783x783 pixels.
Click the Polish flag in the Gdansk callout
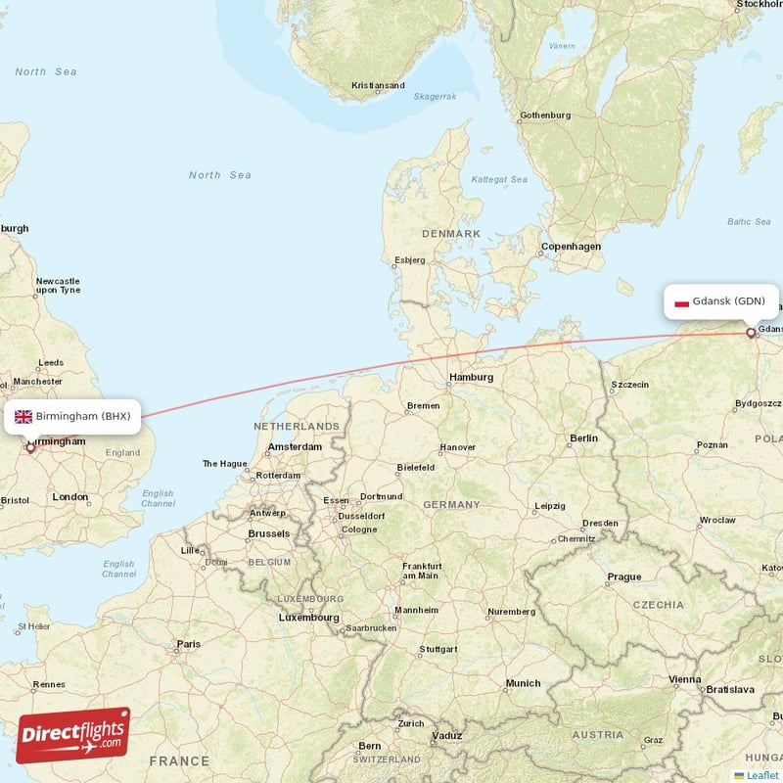tap(682, 302)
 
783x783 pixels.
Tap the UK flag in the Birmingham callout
tap(23, 416)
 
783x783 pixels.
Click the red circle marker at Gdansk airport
tap(751, 333)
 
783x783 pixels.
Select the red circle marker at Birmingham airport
tap(30, 448)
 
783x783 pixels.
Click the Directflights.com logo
tap(73, 735)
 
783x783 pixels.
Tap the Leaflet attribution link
tap(762, 775)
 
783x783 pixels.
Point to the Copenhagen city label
tap(571, 247)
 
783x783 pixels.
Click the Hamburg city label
tap(472, 377)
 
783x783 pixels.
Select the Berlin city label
tap(583, 438)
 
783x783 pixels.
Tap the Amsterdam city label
tap(295, 446)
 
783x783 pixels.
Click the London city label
tap(70, 497)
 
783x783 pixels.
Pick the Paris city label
tap(188, 644)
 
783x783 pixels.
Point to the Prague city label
tap(623, 576)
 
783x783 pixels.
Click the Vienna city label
tap(684, 679)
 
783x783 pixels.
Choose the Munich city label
tap(523, 683)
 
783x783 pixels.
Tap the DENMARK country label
tap(451, 234)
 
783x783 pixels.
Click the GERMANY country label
tap(451, 504)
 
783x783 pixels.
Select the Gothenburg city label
tap(545, 115)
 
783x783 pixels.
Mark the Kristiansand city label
tap(378, 85)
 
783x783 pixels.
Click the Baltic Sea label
tap(749, 222)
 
